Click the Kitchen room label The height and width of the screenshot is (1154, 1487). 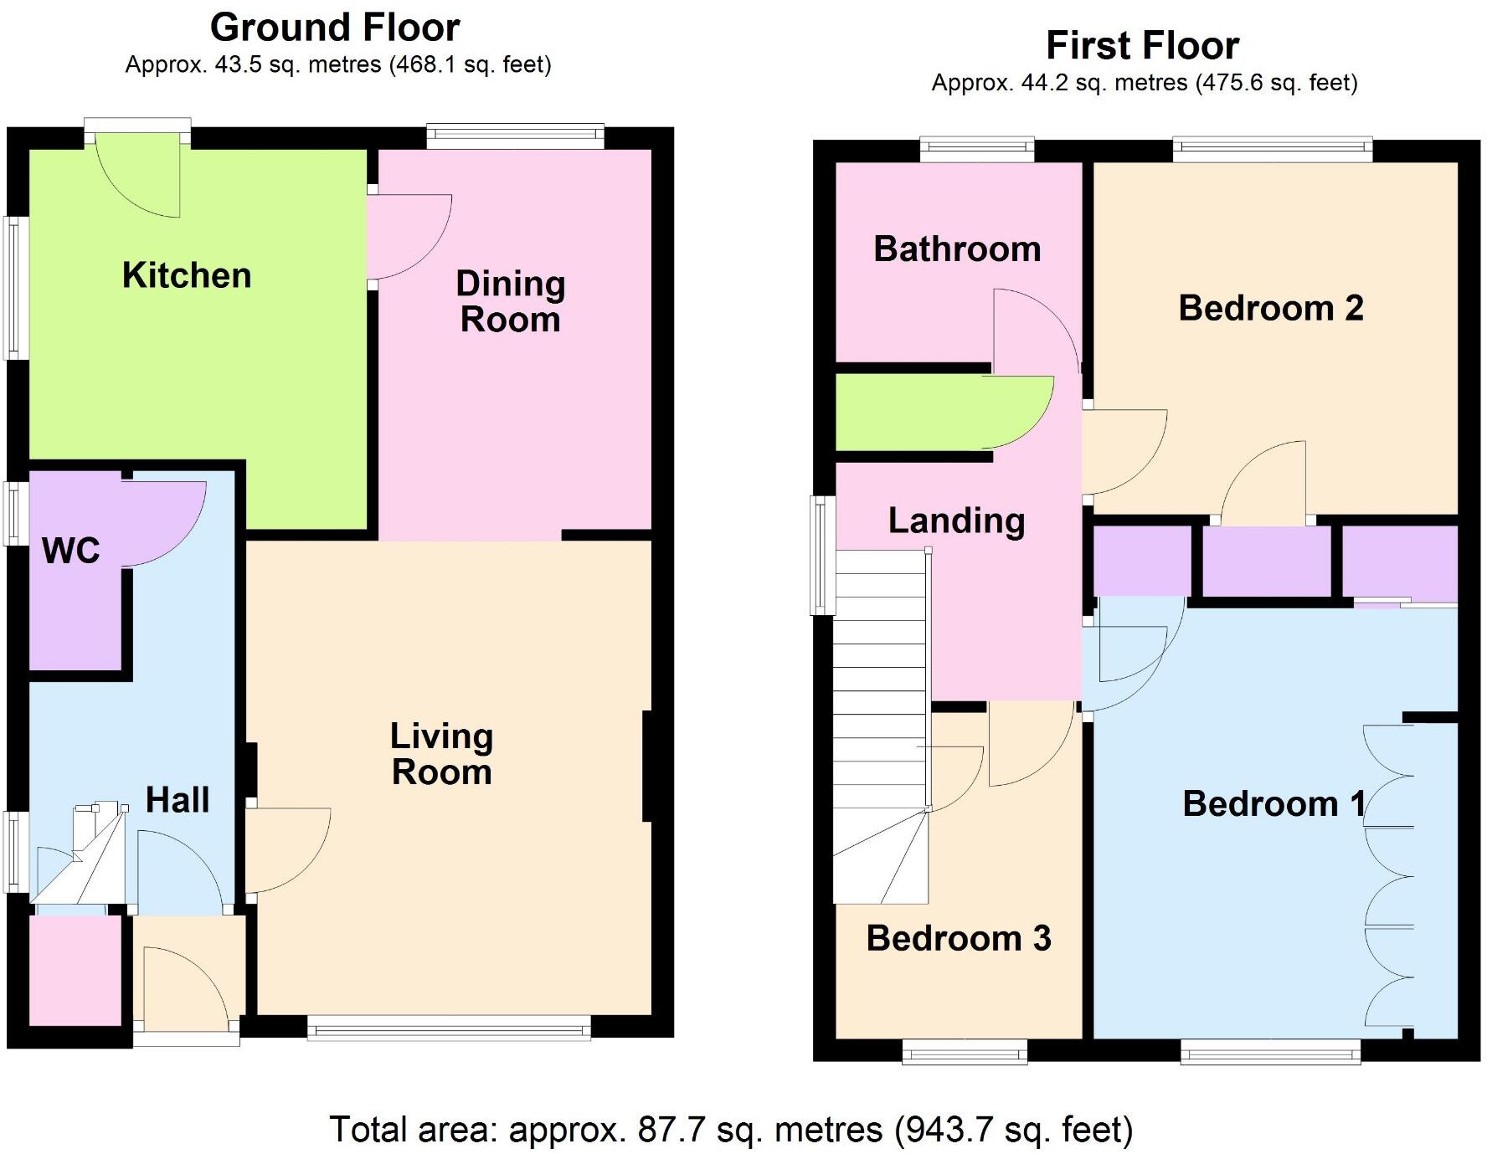tap(187, 275)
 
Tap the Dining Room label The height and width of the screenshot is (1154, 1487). tap(511, 301)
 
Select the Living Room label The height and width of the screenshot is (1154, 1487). tap(442, 754)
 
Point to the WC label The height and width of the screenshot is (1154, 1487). tap(71, 550)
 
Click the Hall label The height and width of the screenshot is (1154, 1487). tap(178, 800)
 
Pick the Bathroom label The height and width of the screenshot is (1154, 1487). tap(957, 249)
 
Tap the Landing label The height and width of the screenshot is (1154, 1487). tap(956, 521)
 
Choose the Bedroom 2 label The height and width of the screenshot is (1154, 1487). tap(1271, 308)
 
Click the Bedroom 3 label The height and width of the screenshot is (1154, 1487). tap(959, 938)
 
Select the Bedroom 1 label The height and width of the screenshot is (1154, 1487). tap(1273, 804)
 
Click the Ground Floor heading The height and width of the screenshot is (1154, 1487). tap(335, 28)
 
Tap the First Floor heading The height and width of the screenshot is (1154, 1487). tap(1143, 46)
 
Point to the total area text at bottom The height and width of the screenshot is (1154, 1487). tap(731, 1130)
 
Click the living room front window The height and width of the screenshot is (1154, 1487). tap(449, 1028)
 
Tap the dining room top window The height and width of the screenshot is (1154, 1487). tap(515, 136)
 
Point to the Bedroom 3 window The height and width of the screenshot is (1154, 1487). tap(965, 1051)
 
